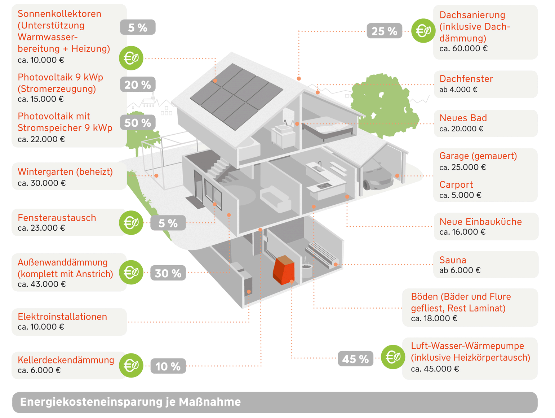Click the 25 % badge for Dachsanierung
tap(384, 31)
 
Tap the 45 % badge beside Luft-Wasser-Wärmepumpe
tap(355, 359)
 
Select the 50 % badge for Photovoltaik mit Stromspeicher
tap(137, 123)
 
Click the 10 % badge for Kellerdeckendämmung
tap(168, 366)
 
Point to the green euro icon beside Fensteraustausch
tap(131, 223)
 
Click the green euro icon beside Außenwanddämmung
tap(131, 272)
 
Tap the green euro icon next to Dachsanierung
tap(423, 31)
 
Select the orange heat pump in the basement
tap(284, 270)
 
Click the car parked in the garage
tap(377, 177)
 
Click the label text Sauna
tap(453, 260)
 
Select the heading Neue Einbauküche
tap(480, 222)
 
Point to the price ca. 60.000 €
tap(463, 49)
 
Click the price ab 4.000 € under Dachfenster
tap(458, 90)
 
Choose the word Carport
tap(456, 185)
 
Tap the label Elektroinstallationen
tap(62, 317)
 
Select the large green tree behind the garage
tap(384, 105)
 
